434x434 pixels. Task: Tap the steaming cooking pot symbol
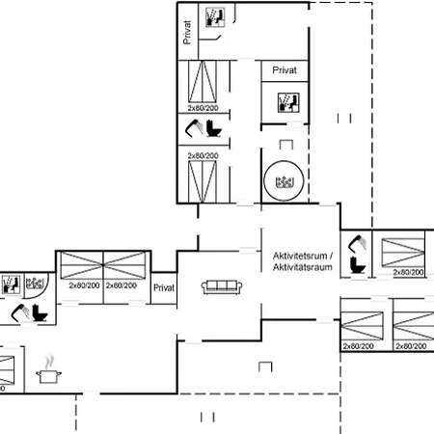(47, 373)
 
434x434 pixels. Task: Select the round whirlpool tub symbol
(284, 180)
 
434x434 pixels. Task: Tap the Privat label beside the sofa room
(164, 287)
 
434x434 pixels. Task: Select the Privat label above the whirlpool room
(284, 70)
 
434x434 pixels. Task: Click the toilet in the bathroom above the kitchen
(40, 313)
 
